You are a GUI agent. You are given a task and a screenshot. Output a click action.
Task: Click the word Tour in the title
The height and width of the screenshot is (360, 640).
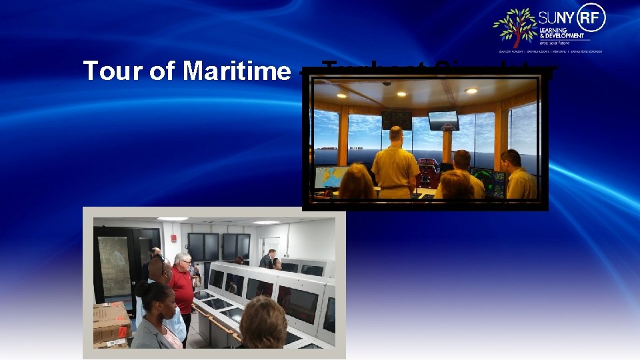[x=107, y=71]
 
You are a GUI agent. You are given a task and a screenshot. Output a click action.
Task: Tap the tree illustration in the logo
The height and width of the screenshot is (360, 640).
[x=515, y=27]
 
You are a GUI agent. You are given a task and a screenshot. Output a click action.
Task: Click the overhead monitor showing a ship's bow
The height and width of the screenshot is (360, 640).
[x=443, y=120]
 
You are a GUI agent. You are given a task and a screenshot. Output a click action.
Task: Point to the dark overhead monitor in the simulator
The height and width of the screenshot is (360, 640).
[x=397, y=119]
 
